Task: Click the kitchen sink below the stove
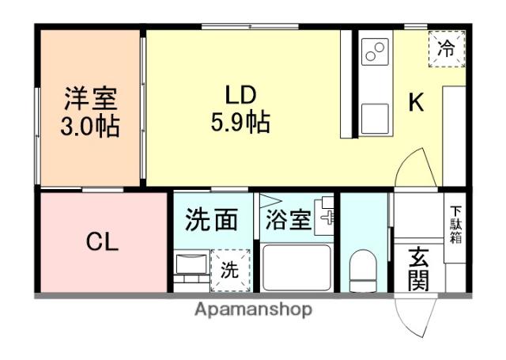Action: [375, 119]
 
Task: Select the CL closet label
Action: [102, 242]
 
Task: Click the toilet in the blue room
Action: [364, 270]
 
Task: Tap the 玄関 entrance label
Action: [418, 269]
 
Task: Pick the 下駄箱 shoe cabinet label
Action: [456, 224]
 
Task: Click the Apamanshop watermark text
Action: [253, 309]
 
